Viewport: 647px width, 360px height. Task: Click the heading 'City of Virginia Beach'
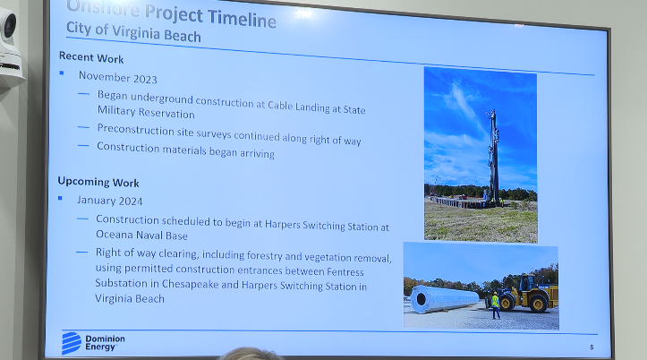pyautogui.click(x=134, y=36)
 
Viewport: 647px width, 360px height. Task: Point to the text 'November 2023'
pyautogui.click(x=118, y=76)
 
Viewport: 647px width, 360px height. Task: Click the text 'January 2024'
pyautogui.click(x=110, y=201)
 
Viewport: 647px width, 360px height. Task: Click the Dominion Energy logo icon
pyautogui.click(x=72, y=342)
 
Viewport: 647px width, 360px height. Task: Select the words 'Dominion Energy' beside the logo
pyautogui.click(x=106, y=342)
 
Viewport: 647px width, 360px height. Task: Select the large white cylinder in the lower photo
pyautogui.click(x=444, y=298)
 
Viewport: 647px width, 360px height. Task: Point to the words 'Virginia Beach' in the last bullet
pyautogui.click(x=131, y=298)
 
